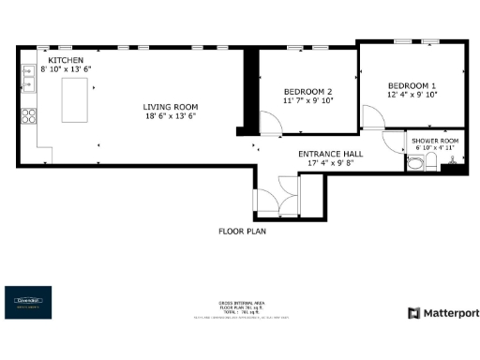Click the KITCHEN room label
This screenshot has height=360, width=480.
53,60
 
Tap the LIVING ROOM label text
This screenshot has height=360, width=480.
171,107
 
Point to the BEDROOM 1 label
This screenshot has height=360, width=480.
412,85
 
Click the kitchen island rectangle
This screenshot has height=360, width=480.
77,100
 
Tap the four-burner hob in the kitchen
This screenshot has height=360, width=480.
29,117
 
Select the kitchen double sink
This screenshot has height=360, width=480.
28,81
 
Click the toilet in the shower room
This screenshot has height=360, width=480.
415,163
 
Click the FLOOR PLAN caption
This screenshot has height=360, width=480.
242,230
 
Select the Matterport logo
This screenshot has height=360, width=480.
442,312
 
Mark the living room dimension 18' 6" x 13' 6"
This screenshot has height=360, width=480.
171,116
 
